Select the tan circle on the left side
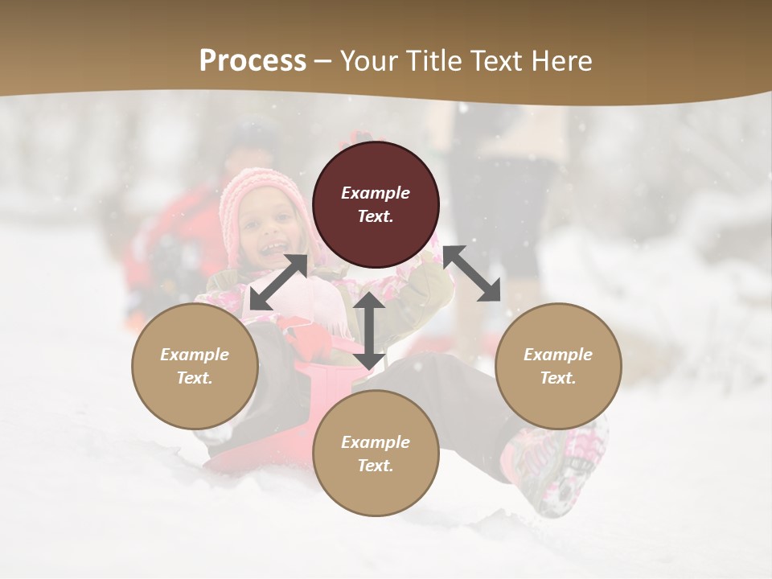(x=195, y=366)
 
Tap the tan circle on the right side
(x=558, y=366)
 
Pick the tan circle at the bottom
(x=376, y=454)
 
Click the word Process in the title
(x=253, y=61)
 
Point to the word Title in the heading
(x=433, y=61)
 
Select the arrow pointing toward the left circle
(x=278, y=282)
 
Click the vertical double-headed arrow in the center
(x=369, y=331)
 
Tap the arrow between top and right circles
(x=472, y=273)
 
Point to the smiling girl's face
(x=269, y=229)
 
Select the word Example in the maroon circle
(x=376, y=193)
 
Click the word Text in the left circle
(x=195, y=378)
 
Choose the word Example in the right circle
(x=558, y=355)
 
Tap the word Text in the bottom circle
(x=376, y=466)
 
